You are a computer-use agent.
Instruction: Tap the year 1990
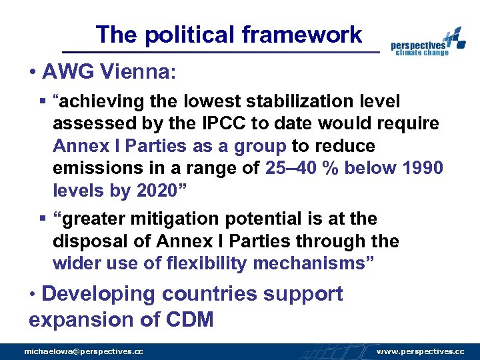423,168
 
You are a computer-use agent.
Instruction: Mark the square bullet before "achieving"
43,101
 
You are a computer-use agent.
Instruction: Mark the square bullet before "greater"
43,219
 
